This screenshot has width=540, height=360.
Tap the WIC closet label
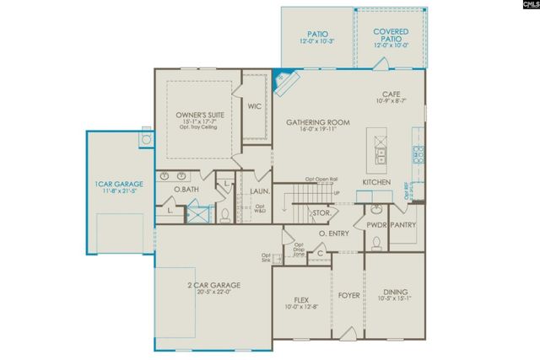tap(254, 107)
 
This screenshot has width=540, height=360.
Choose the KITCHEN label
tap(376, 182)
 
